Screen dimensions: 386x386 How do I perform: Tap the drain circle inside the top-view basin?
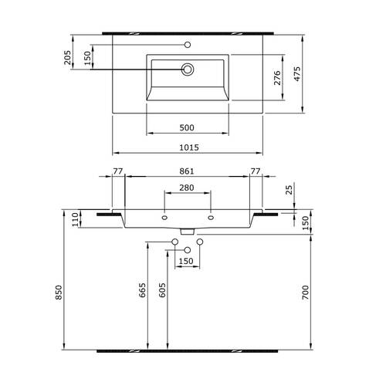click(187, 70)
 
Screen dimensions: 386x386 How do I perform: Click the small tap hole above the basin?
click(187, 44)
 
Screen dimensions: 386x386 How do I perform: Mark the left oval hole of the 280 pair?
click(164, 218)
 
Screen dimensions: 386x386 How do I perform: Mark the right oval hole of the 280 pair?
click(211, 218)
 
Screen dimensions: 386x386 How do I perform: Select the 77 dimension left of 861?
click(118, 171)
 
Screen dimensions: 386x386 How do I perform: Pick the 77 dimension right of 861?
click(256, 171)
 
